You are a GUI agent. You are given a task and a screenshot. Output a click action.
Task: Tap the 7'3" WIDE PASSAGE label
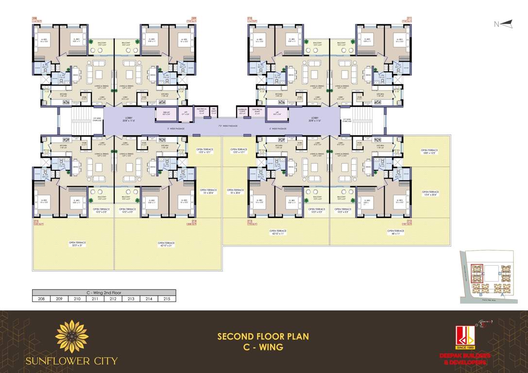228,126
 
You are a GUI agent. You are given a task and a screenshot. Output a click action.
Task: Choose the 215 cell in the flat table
167,299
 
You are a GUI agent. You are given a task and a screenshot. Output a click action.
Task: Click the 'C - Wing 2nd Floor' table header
103,293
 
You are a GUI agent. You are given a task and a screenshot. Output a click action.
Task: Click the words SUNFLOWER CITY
72,361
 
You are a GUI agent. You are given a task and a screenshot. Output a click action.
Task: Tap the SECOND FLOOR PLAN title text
263,336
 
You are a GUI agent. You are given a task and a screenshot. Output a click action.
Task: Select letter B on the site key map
480,294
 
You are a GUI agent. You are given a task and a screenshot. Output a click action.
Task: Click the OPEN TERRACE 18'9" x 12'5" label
429,152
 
